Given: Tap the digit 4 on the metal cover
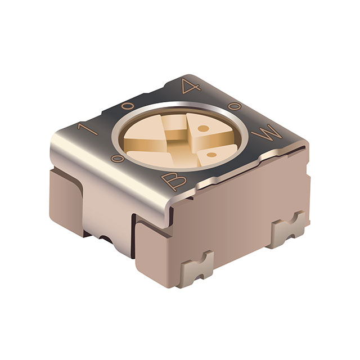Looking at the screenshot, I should (187, 87).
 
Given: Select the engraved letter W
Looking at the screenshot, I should (265, 135).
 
